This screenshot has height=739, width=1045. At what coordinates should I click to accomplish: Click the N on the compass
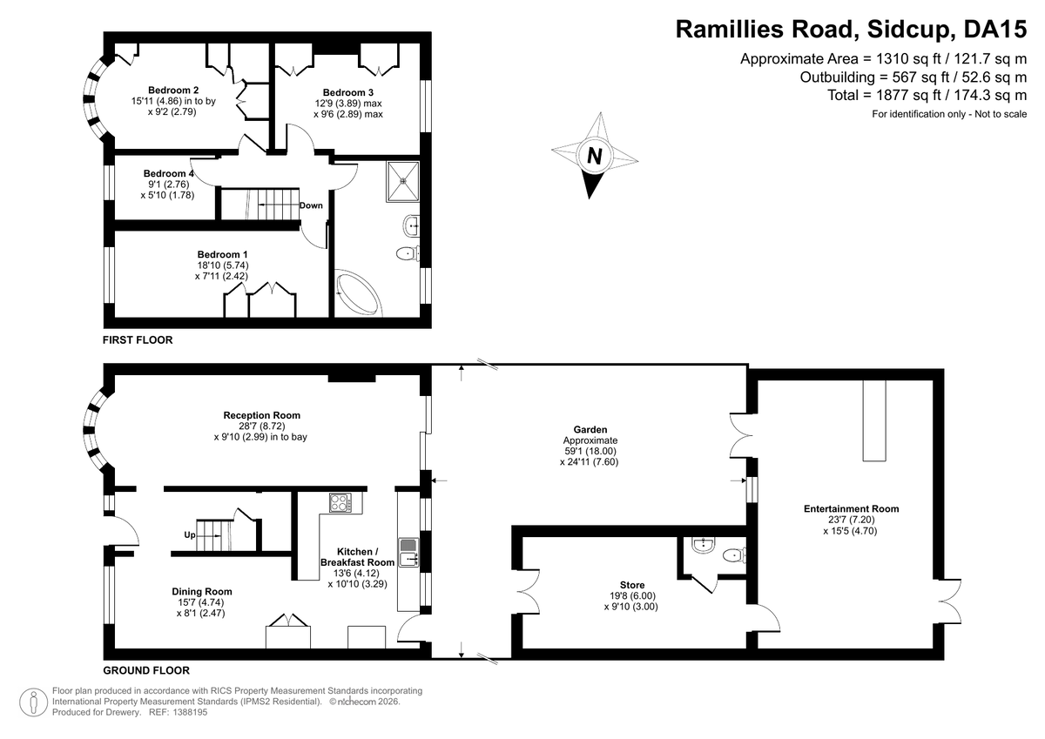coord(594,156)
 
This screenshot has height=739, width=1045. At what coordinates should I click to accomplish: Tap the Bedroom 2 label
coord(173,90)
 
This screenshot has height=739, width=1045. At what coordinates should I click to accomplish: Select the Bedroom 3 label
coord(348,92)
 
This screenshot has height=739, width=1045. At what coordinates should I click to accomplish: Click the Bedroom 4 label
coord(168,173)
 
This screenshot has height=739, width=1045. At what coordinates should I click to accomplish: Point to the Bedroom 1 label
coord(222,254)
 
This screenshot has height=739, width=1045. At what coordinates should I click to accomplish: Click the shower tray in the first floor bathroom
coord(402,181)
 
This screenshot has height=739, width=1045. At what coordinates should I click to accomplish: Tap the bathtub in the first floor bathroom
coord(358,293)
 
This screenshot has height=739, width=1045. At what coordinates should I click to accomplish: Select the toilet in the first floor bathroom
coord(408,253)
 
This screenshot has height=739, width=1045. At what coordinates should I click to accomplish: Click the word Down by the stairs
coord(311,205)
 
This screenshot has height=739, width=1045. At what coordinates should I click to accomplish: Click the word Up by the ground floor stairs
coord(190,534)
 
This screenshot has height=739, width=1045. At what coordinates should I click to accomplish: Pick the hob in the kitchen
coord(340,502)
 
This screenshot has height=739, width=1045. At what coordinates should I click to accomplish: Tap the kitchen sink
coord(408,553)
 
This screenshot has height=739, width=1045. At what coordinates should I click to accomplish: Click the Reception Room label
coord(262,415)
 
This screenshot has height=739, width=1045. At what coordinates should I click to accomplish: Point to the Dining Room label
coord(202,591)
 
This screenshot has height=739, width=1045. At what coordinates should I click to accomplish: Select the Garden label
coord(590,429)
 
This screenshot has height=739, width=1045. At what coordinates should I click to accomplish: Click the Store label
coord(632,585)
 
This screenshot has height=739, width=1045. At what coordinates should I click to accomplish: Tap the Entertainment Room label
coord(851,508)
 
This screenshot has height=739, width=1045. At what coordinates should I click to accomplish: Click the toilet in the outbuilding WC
coord(734,555)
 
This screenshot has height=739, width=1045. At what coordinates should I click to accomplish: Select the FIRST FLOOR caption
coord(138,339)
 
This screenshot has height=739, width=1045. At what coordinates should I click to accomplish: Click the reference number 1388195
coord(190,712)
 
